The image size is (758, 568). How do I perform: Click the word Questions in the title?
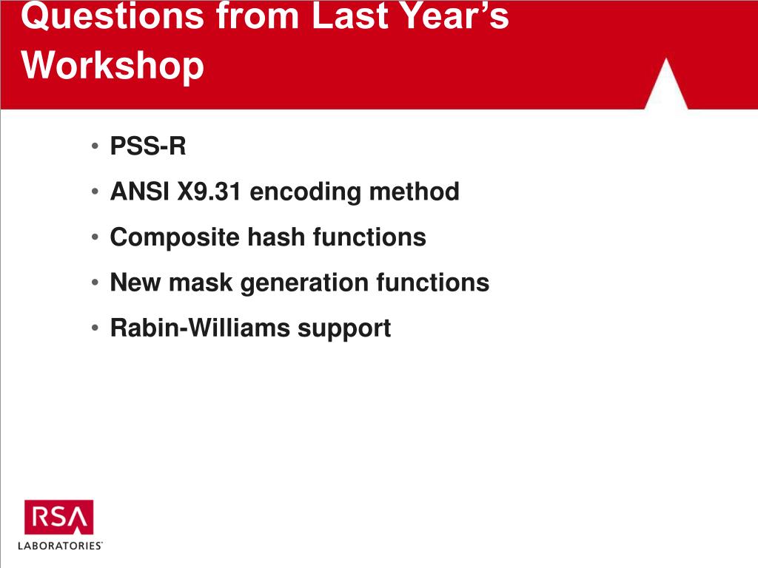[113, 17]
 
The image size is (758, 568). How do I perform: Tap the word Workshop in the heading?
[113, 67]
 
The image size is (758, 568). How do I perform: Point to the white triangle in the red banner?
[666, 84]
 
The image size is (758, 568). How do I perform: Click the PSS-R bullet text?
[148, 146]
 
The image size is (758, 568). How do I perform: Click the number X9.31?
[209, 192]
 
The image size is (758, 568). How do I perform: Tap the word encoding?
[305, 192]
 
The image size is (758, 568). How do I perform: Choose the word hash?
[276, 237]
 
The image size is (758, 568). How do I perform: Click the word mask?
[201, 283]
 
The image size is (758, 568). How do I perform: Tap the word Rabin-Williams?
[200, 328]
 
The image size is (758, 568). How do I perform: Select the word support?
[344, 329]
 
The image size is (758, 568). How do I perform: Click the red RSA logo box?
[59, 517]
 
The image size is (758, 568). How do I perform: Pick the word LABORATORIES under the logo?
[60, 546]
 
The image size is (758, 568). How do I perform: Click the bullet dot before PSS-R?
[95, 146]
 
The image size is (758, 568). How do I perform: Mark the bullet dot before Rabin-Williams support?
[95, 328]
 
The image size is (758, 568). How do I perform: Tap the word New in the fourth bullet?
[136, 283]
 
